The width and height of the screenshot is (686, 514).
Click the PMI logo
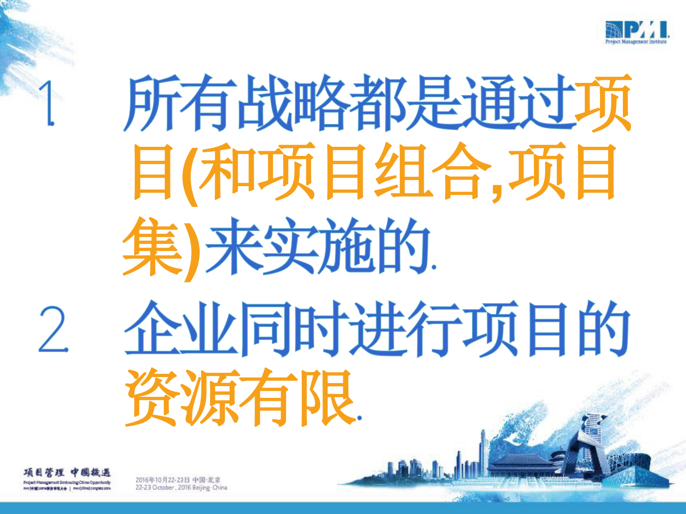pos(637,32)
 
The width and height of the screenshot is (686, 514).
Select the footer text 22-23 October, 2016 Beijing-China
pos(181,488)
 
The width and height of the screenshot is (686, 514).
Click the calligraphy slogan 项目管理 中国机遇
pos(67,472)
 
